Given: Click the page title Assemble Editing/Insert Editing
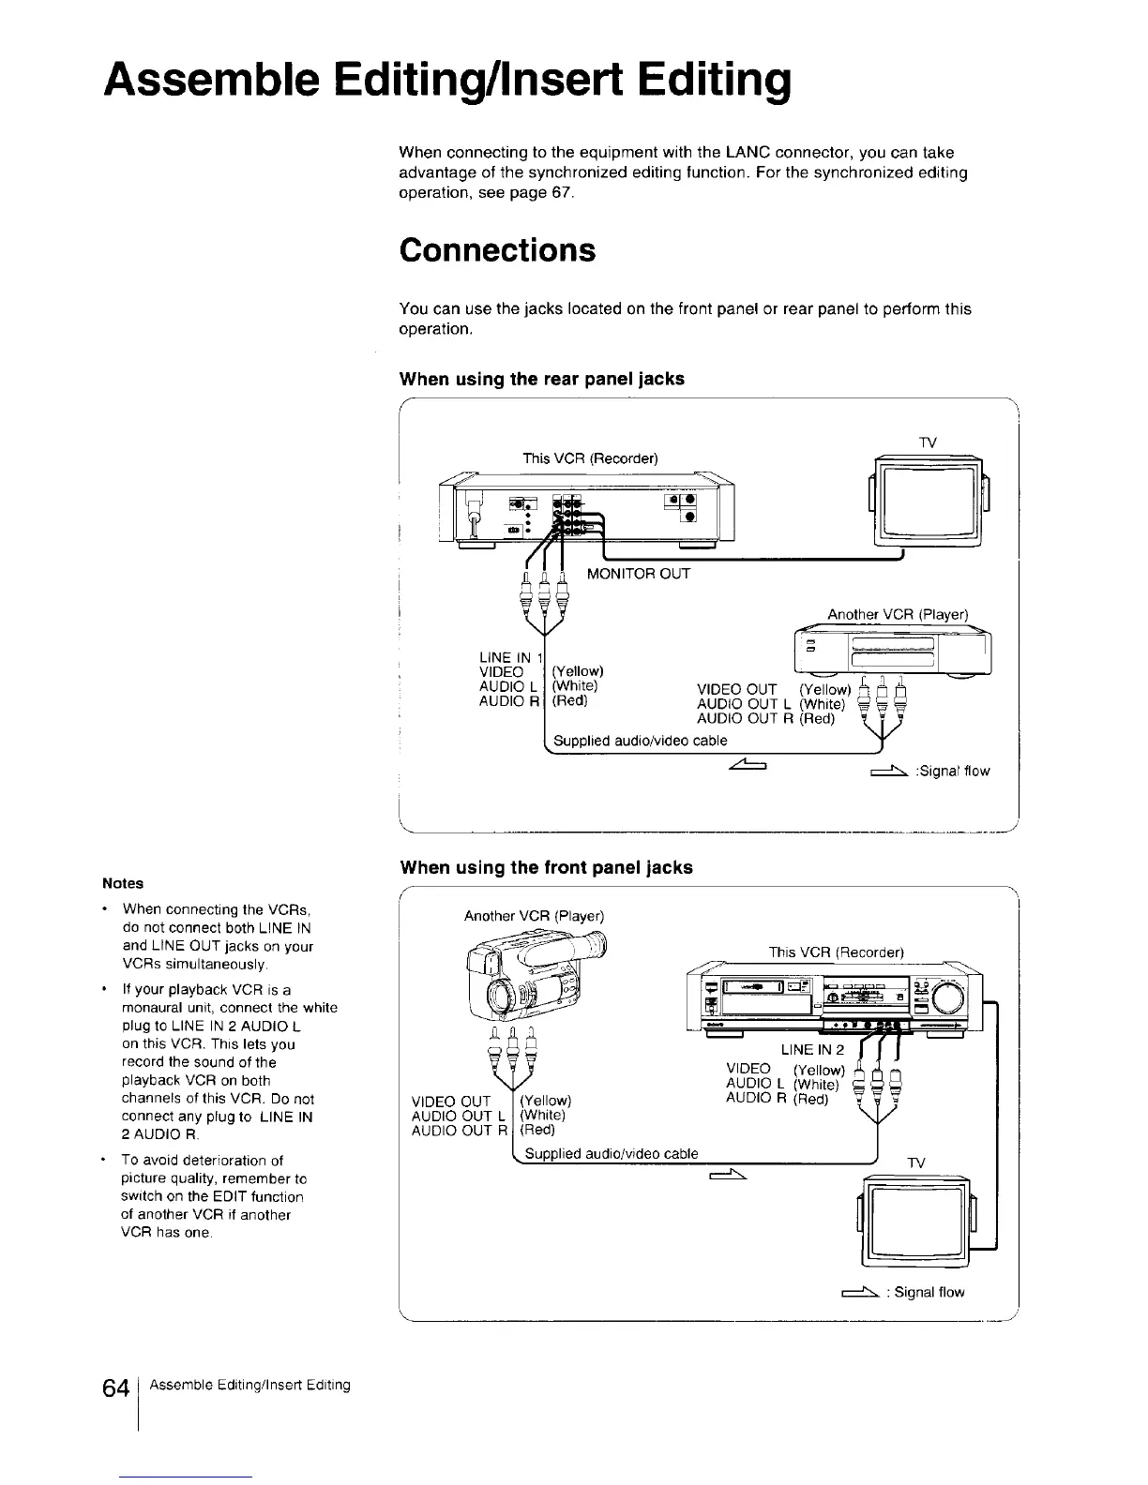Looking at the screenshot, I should point(448,82).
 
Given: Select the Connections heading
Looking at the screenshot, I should point(497,250).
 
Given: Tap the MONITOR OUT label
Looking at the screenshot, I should point(638,574).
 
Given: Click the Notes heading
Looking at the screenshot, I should point(123,883).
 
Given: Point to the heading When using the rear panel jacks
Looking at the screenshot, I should point(541,379).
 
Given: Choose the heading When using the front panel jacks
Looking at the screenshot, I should point(546,868).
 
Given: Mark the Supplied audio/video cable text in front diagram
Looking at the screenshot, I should point(611,1153).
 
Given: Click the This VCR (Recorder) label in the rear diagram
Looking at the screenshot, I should point(590,458).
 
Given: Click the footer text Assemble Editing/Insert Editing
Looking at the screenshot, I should point(249,1385).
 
